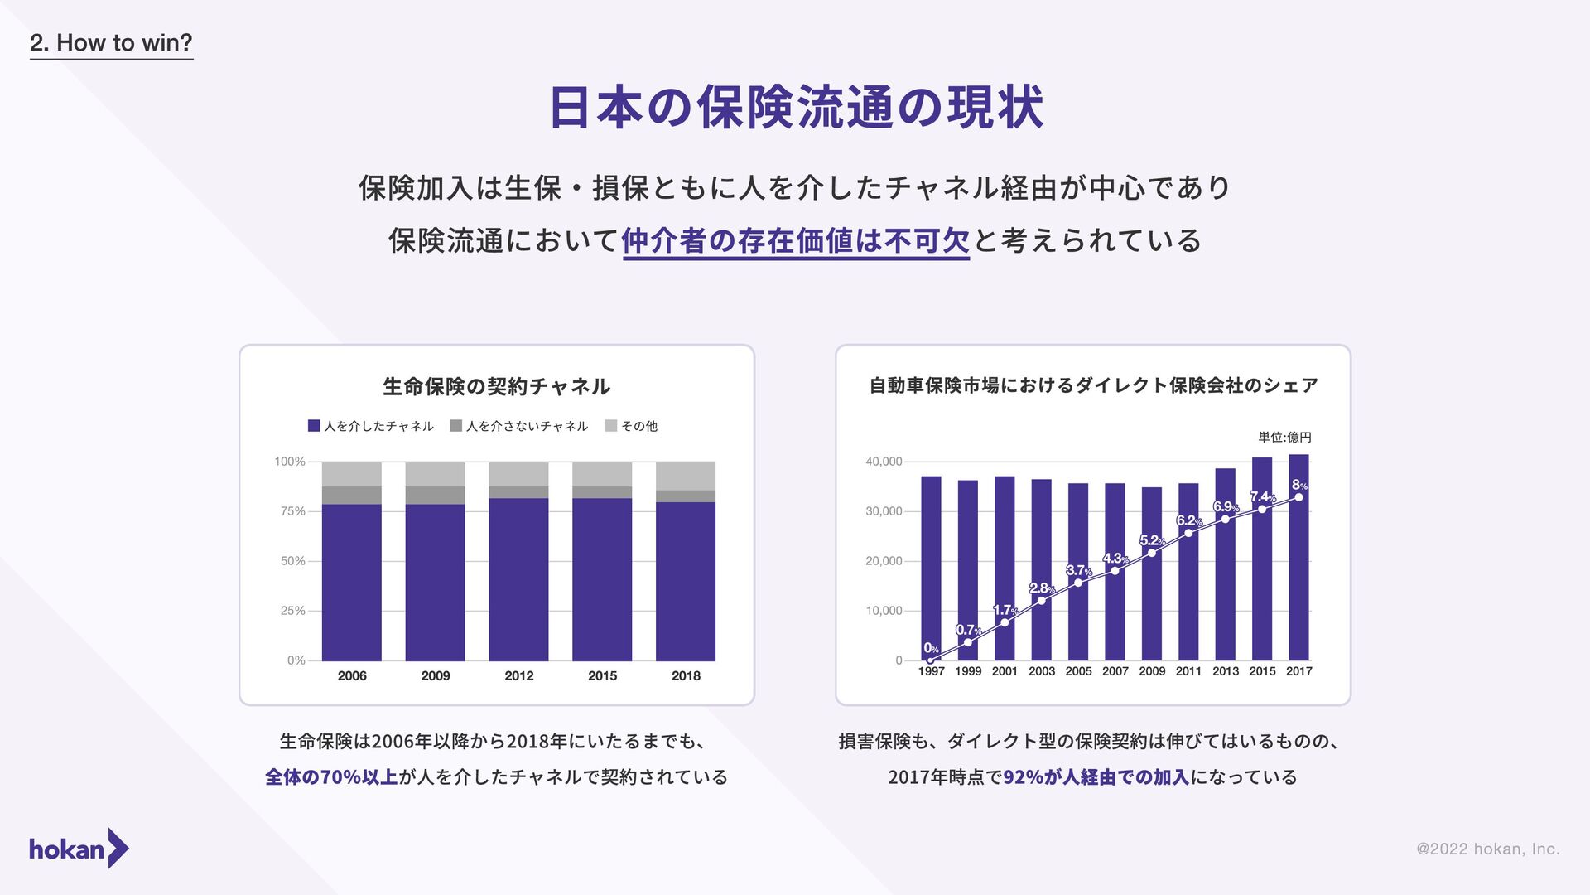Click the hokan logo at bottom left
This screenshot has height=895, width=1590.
pyautogui.click(x=79, y=849)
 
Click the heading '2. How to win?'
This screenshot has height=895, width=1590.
pyautogui.click(x=111, y=43)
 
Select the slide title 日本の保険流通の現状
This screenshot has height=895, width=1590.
pyautogui.click(x=795, y=108)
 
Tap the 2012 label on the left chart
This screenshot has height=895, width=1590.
pyautogui.click(x=519, y=675)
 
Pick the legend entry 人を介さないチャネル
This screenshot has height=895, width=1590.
pyautogui.click(x=519, y=426)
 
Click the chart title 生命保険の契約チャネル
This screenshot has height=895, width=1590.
pyautogui.click(x=497, y=386)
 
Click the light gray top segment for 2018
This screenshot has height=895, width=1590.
pyautogui.click(x=686, y=476)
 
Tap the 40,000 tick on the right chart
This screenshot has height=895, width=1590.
pyautogui.click(x=884, y=462)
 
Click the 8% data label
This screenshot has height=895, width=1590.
pyautogui.click(x=1299, y=486)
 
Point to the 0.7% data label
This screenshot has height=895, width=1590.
pyautogui.click(x=968, y=630)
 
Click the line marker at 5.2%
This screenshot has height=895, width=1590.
pyautogui.click(x=1152, y=553)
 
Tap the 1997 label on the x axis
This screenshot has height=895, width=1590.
pyautogui.click(x=931, y=671)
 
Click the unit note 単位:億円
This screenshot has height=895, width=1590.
pyautogui.click(x=1284, y=438)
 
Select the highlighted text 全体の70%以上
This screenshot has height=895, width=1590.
pyautogui.click(x=331, y=777)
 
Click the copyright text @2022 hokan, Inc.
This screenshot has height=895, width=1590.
pyautogui.click(x=1488, y=849)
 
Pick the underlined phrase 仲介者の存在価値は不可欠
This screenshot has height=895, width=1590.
pyautogui.click(x=796, y=241)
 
